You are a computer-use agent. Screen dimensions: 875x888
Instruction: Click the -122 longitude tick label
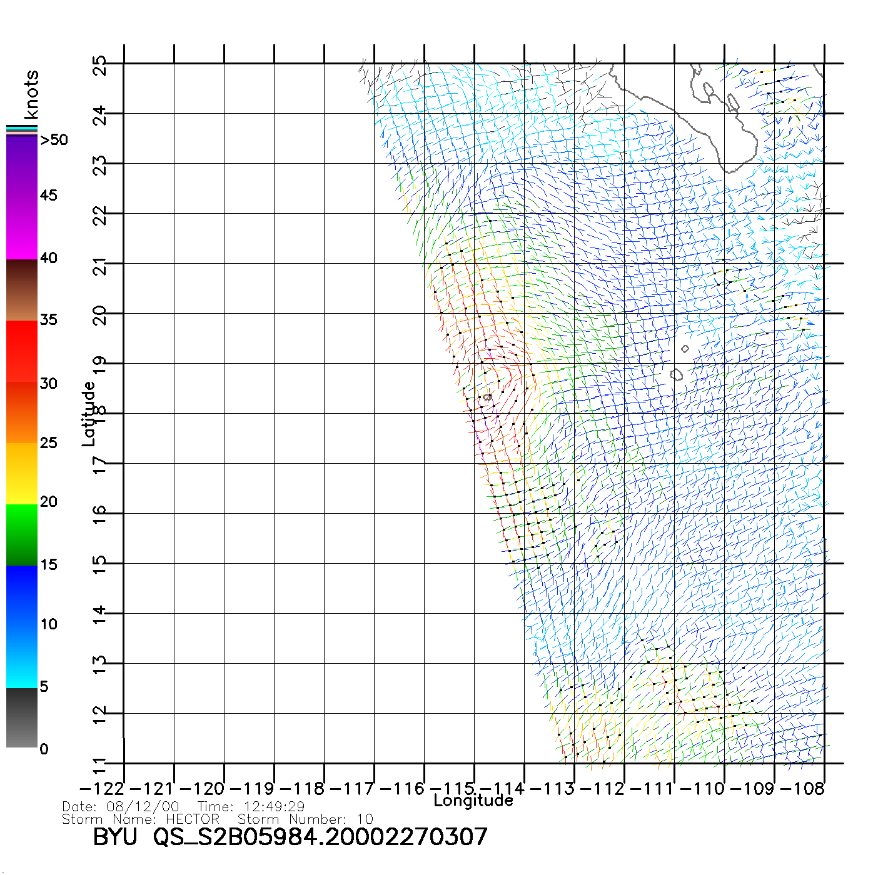[102, 789]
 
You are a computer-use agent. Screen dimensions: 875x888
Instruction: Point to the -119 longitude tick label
[252, 789]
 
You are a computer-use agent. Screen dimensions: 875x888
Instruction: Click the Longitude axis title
[473, 801]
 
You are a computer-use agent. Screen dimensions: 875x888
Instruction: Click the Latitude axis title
[89, 414]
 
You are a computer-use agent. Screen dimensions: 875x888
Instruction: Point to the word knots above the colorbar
[31, 94]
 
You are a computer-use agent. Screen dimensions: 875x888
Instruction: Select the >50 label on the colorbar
[54, 140]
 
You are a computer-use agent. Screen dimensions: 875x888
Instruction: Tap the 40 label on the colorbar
[48, 257]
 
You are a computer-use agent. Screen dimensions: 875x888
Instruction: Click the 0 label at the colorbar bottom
[44, 749]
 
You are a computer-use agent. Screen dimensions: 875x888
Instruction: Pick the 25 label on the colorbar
[48, 443]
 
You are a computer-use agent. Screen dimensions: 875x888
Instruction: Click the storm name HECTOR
[193, 819]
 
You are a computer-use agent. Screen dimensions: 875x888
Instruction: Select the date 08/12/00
[143, 807]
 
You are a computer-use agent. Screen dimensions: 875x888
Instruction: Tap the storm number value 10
[365, 819]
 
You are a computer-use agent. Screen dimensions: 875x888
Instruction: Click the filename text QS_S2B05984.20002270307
[320, 837]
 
